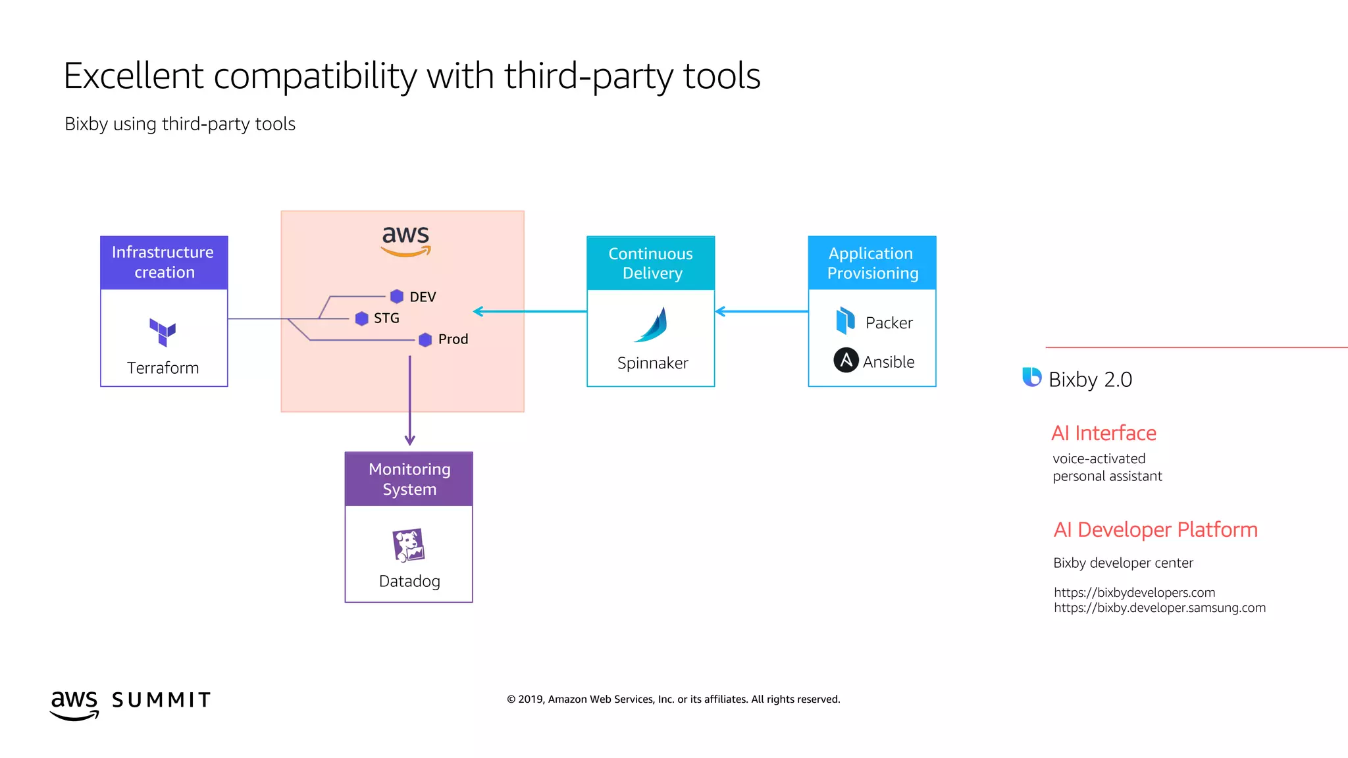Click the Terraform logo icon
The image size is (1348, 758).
coord(163,332)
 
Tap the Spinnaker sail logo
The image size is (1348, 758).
coord(652,325)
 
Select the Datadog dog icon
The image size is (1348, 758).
coord(409,545)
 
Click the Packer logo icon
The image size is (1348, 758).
coord(845,321)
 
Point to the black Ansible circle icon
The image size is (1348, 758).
coord(846,360)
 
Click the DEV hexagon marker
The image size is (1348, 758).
coord(396,296)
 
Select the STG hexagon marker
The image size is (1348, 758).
coord(361,318)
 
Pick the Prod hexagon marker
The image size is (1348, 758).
coord(425,340)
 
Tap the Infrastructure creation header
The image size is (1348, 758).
coord(163,263)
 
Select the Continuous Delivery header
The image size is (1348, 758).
coord(650,263)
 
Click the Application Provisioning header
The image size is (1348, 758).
coord(872,263)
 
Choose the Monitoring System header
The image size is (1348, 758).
coord(409,479)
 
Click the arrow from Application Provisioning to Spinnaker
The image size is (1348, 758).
coord(762,311)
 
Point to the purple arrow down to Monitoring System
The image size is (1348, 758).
coord(409,402)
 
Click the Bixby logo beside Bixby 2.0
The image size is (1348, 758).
coord(1031,377)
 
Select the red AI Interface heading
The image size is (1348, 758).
coord(1103,433)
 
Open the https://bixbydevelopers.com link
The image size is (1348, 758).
coord(1134,592)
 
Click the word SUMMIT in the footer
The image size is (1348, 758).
coord(161,700)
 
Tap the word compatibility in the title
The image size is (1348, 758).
coord(315,76)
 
